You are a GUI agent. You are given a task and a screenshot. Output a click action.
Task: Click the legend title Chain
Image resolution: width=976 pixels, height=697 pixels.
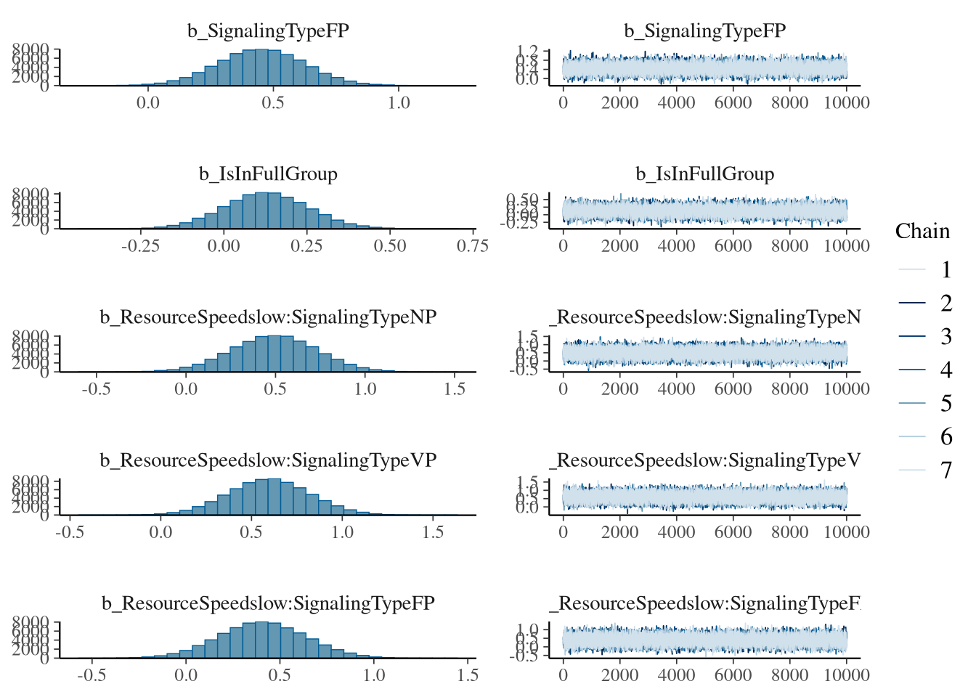click(922, 231)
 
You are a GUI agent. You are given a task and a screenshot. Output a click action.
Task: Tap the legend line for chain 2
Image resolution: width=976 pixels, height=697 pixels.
click(912, 303)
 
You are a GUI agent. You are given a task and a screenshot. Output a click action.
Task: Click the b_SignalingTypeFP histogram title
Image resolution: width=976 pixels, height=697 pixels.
click(268, 31)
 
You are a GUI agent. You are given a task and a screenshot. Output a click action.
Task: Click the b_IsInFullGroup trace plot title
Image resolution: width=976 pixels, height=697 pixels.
click(704, 174)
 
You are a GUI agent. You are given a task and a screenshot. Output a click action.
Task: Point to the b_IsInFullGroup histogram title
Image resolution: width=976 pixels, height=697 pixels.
click(268, 174)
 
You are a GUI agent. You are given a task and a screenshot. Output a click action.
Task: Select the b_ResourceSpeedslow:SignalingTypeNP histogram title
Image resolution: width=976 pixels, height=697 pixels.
click(268, 317)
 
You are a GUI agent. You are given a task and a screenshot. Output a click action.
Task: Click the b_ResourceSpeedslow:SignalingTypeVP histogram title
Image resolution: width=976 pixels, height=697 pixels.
click(268, 460)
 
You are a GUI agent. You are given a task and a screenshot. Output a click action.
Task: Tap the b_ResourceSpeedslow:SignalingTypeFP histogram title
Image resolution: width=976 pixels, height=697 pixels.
click(268, 603)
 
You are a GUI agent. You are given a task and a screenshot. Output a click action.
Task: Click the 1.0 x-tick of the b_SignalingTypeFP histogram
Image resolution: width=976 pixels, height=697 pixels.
click(398, 103)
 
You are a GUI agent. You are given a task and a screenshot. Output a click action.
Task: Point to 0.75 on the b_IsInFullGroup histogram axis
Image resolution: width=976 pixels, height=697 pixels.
click(473, 246)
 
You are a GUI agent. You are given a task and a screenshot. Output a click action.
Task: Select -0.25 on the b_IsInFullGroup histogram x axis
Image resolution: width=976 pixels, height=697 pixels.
click(140, 246)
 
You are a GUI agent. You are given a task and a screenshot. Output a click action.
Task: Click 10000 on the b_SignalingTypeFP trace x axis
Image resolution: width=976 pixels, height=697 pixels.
click(847, 103)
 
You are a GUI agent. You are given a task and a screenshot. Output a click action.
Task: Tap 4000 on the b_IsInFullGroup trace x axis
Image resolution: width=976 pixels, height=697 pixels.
click(676, 246)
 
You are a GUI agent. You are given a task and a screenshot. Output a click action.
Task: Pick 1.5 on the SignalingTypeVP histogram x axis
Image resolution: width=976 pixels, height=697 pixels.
click(433, 532)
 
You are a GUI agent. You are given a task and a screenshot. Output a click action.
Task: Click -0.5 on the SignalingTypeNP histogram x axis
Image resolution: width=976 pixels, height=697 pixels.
click(96, 389)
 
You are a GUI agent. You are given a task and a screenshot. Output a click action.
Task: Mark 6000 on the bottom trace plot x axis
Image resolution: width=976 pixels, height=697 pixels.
click(733, 675)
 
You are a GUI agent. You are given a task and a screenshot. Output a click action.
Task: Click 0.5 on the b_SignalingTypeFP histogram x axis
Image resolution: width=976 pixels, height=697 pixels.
click(273, 103)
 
